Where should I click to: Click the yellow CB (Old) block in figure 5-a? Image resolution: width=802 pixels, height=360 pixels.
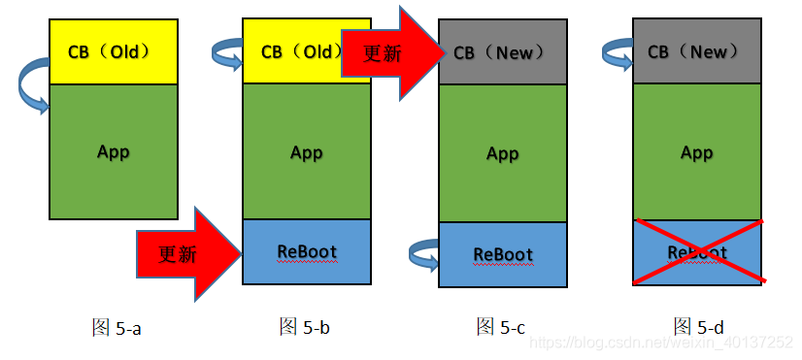coord(113,50)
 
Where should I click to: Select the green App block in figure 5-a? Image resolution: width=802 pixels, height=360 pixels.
coord(113,151)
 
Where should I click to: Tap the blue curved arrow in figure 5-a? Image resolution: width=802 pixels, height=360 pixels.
coord(32,86)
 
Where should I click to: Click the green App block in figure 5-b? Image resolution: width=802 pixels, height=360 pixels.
coord(306,152)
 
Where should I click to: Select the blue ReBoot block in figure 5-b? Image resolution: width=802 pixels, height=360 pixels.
coord(306,251)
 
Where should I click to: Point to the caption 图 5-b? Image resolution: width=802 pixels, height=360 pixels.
coord(305,327)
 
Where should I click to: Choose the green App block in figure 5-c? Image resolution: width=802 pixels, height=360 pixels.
coord(502,153)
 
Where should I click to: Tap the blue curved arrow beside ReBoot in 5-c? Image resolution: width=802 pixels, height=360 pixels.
coord(424,255)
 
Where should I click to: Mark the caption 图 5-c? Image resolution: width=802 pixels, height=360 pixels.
coord(501,327)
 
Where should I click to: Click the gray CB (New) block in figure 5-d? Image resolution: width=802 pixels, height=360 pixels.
coord(696,50)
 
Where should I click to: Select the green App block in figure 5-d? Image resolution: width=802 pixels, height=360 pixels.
coord(696,152)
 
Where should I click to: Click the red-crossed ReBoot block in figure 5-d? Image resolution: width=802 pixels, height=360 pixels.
coord(696,252)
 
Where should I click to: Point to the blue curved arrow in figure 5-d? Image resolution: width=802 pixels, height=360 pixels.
coord(618,53)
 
